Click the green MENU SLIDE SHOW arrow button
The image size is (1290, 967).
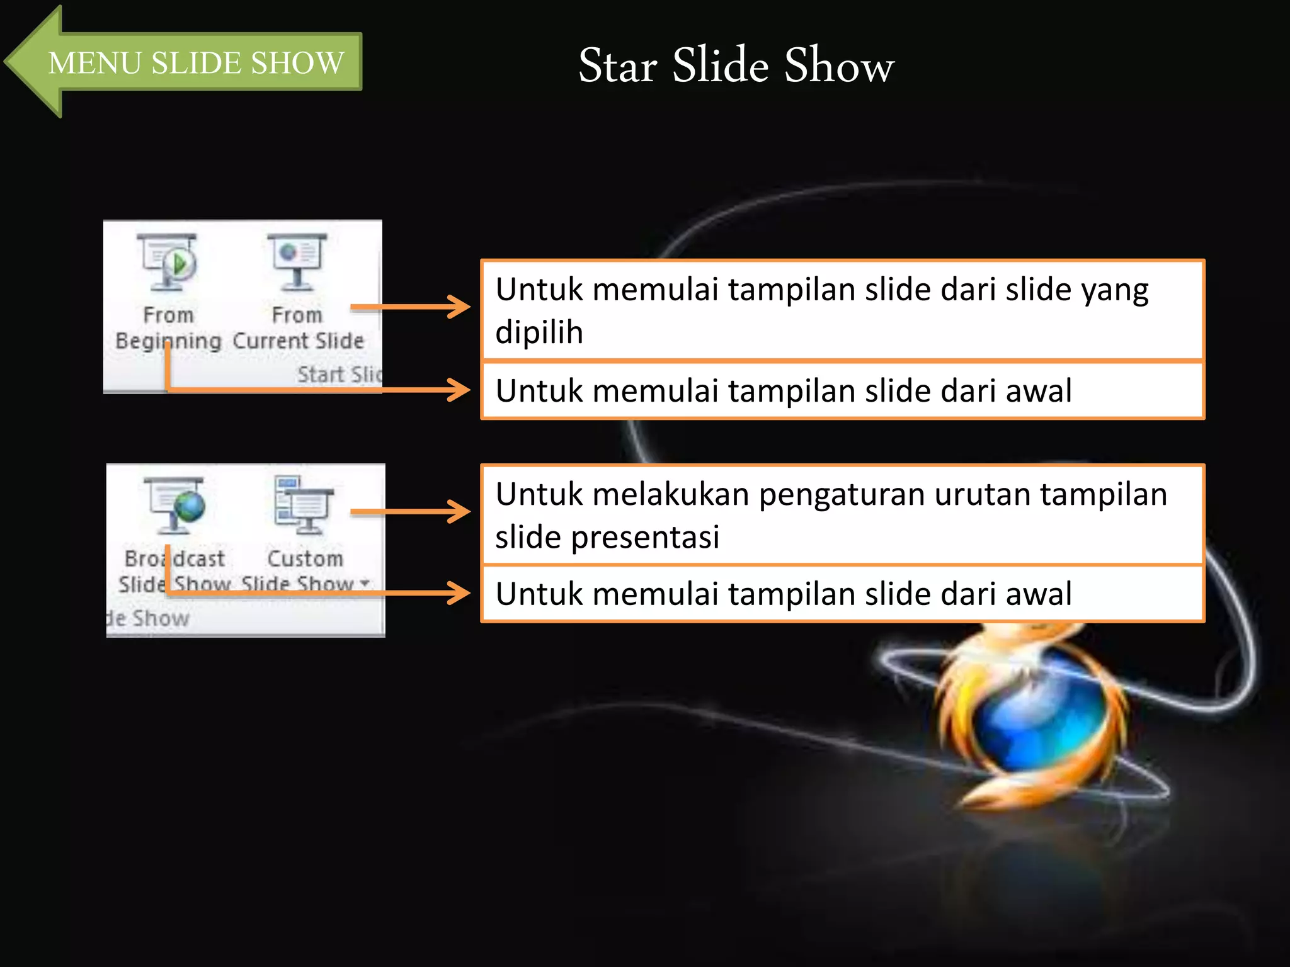click(189, 62)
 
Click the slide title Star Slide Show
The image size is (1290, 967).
click(736, 65)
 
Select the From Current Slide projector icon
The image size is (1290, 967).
click(297, 261)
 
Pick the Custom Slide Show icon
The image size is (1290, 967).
click(304, 504)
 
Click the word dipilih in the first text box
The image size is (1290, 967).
click(539, 332)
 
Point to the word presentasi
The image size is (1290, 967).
click(645, 537)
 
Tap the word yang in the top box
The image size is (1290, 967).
click(1115, 291)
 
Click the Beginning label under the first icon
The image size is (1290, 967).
click(168, 341)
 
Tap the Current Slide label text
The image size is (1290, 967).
click(298, 341)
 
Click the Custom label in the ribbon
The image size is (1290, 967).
click(305, 558)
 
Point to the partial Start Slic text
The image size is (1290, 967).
click(339, 375)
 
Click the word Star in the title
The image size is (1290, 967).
click(617, 65)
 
